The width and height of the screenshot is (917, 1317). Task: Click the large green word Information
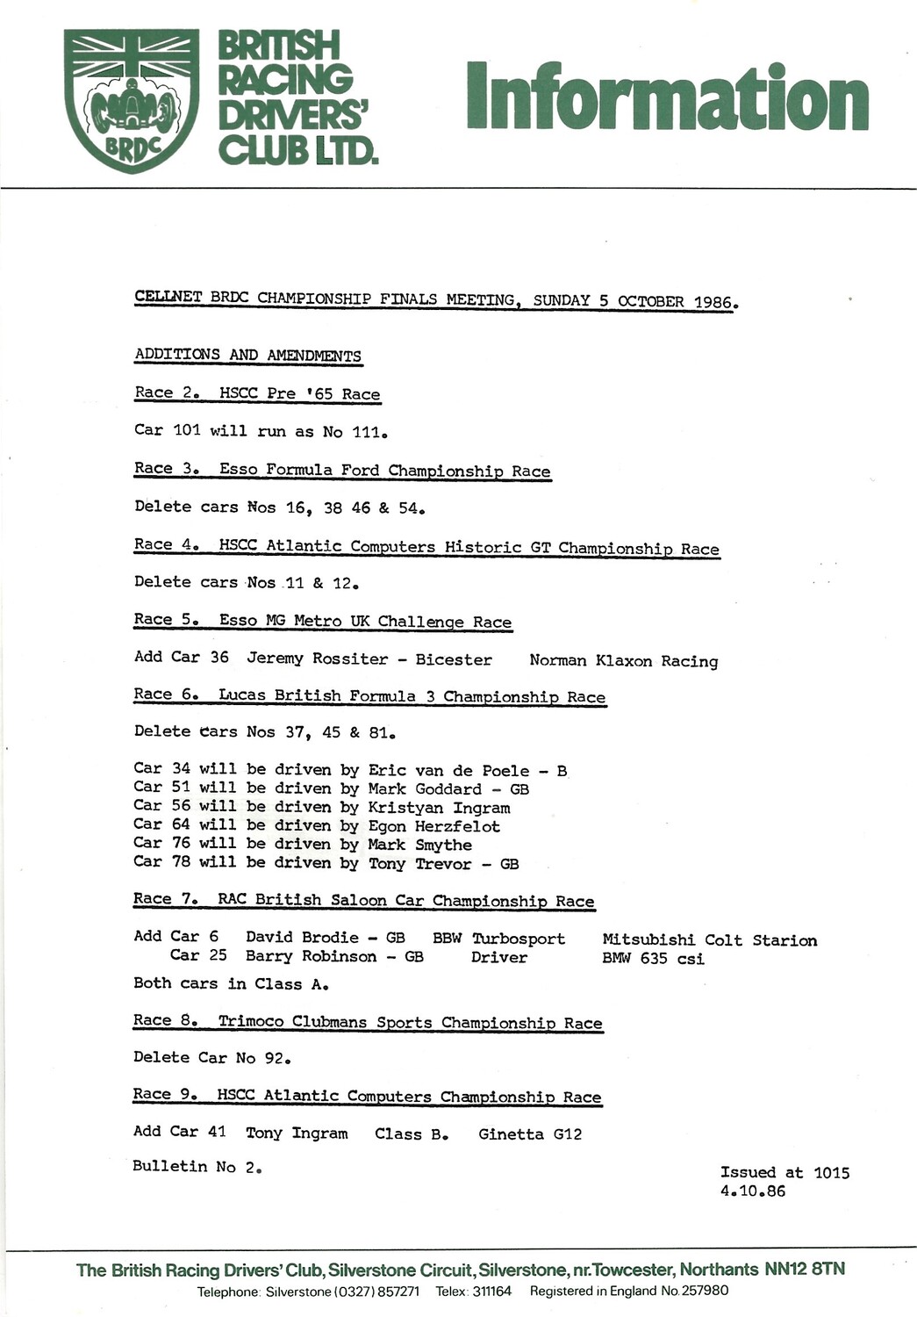point(667,97)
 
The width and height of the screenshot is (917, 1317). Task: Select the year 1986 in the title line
point(713,302)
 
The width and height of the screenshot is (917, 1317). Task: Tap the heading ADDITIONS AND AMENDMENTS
point(247,355)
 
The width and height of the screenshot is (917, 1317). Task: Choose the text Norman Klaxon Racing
point(623,660)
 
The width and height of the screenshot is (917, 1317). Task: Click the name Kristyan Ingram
point(439,808)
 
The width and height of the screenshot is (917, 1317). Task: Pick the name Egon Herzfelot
point(433,826)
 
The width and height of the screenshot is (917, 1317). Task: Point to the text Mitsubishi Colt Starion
point(709,940)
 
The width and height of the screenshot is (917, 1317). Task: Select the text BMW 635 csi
point(653,958)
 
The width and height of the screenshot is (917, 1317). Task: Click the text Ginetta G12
point(530,1134)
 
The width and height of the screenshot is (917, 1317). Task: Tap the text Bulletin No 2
point(197,1167)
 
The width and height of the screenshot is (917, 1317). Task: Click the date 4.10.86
point(752,1191)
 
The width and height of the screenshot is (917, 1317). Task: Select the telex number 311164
point(491,1292)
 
